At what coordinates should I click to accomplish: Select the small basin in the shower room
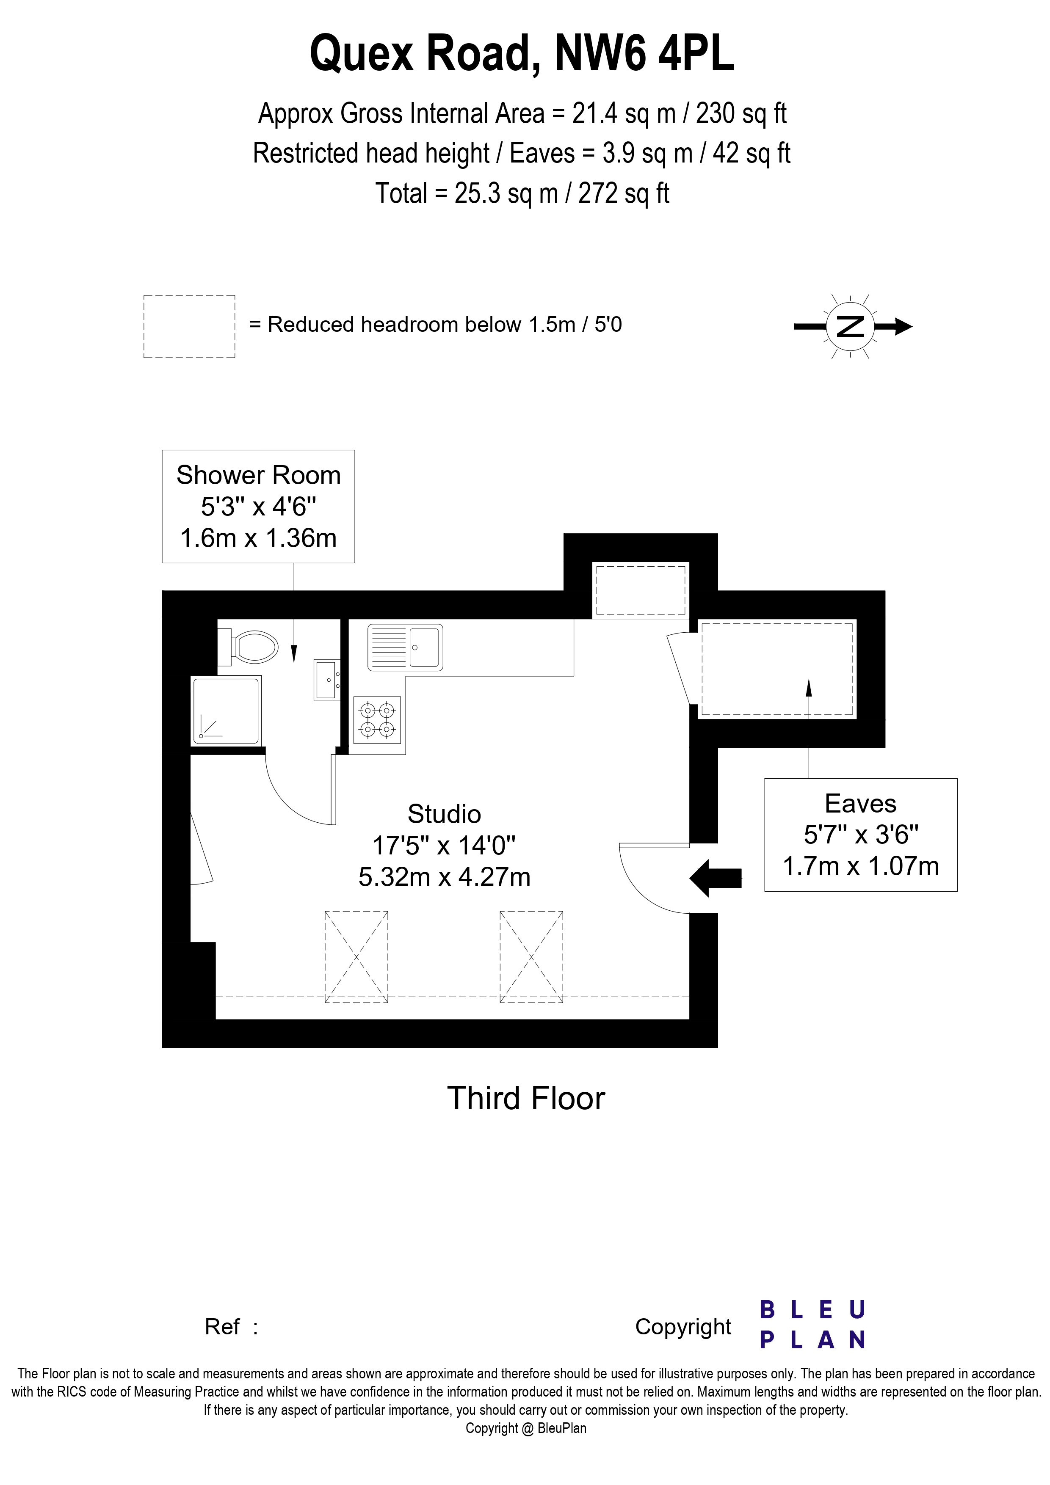click(x=327, y=680)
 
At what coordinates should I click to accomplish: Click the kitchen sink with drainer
click(x=406, y=647)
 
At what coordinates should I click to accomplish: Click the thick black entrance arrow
click(x=716, y=878)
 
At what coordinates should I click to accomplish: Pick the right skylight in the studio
click(x=531, y=957)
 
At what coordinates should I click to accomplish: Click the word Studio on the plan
click(x=445, y=814)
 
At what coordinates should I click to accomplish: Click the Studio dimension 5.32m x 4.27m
click(x=445, y=877)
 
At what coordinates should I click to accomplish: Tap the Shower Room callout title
click(x=258, y=475)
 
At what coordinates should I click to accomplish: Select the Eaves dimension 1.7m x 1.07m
click(x=860, y=866)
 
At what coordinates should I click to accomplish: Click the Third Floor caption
click(x=526, y=1098)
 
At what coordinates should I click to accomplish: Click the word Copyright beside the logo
click(x=683, y=1327)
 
